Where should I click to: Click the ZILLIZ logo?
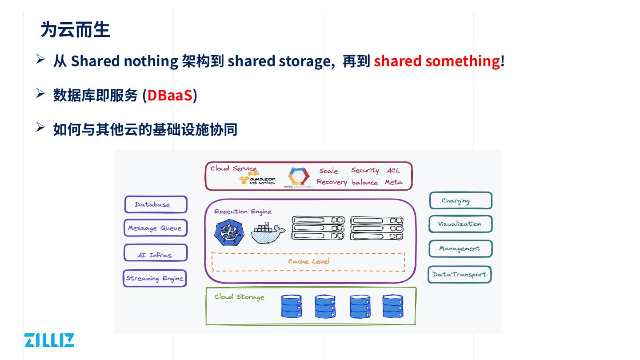pyautogui.click(x=49, y=340)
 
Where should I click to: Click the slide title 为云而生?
pyautogui.click(x=75, y=30)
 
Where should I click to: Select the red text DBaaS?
pyautogui.click(x=170, y=95)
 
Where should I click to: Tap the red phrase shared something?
pyautogui.click(x=436, y=60)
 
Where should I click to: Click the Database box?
pyautogui.click(x=156, y=204)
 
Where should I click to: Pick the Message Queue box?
pyautogui.click(x=155, y=228)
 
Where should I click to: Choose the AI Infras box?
pyautogui.click(x=155, y=253)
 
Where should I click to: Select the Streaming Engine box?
pyautogui.click(x=155, y=279)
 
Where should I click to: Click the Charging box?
pyautogui.click(x=460, y=200)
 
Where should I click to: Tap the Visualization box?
pyautogui.click(x=460, y=224)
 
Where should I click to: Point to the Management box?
pyautogui.click(x=460, y=248)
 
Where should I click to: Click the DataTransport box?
pyautogui.click(x=460, y=274)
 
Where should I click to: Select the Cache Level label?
pyautogui.click(x=309, y=261)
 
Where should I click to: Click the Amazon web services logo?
pyautogui.click(x=258, y=179)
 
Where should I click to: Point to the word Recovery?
pyautogui.click(x=332, y=182)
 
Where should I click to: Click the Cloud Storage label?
pyautogui.click(x=239, y=297)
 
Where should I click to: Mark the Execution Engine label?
pyautogui.click(x=243, y=212)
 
